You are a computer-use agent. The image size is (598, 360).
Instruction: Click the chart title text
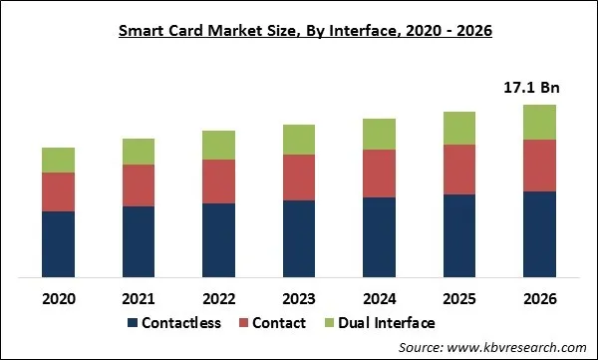coord(299,31)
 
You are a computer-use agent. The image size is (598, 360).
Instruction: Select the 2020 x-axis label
coord(58,298)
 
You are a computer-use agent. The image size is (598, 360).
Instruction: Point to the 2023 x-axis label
coord(300,298)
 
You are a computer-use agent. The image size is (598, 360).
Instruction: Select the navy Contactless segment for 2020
coord(58,243)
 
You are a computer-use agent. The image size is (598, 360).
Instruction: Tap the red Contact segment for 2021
coord(139,185)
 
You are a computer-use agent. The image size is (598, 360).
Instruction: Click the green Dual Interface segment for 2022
coord(219,145)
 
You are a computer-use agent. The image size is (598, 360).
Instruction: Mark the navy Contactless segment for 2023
coord(300,238)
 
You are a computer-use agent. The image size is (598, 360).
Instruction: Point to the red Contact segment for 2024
coord(380,174)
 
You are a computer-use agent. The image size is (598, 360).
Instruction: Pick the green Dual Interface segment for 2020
coord(58,160)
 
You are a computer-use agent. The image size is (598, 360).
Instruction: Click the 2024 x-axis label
coord(380,298)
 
